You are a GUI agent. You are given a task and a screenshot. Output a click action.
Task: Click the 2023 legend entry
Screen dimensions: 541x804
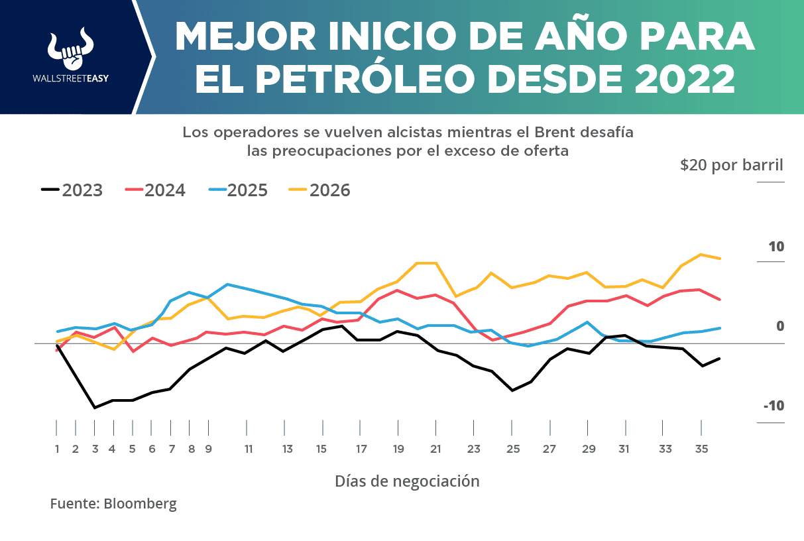click(72, 190)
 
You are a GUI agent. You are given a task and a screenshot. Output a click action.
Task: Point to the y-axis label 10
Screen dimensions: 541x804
click(775, 247)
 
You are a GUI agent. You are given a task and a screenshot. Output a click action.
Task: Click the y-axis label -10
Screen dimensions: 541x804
click(773, 406)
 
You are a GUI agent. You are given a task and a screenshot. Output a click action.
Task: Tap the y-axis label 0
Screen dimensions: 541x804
click(780, 326)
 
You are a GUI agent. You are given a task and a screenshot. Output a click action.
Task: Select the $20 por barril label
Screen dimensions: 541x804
click(731, 165)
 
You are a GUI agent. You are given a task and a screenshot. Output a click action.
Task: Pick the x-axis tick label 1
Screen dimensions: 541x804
click(57, 449)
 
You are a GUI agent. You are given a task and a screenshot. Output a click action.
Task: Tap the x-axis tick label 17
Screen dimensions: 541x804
click(362, 449)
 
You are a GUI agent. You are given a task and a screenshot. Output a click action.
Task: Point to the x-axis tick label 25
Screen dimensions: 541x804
click(513, 449)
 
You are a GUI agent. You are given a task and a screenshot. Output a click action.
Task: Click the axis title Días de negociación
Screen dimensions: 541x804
click(406, 481)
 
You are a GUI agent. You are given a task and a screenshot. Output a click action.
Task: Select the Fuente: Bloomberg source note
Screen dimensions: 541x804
click(113, 503)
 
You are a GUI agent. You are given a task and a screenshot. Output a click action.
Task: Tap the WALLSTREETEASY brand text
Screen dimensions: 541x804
click(71, 78)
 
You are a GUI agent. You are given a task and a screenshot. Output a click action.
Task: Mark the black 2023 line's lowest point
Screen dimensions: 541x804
click(95, 408)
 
